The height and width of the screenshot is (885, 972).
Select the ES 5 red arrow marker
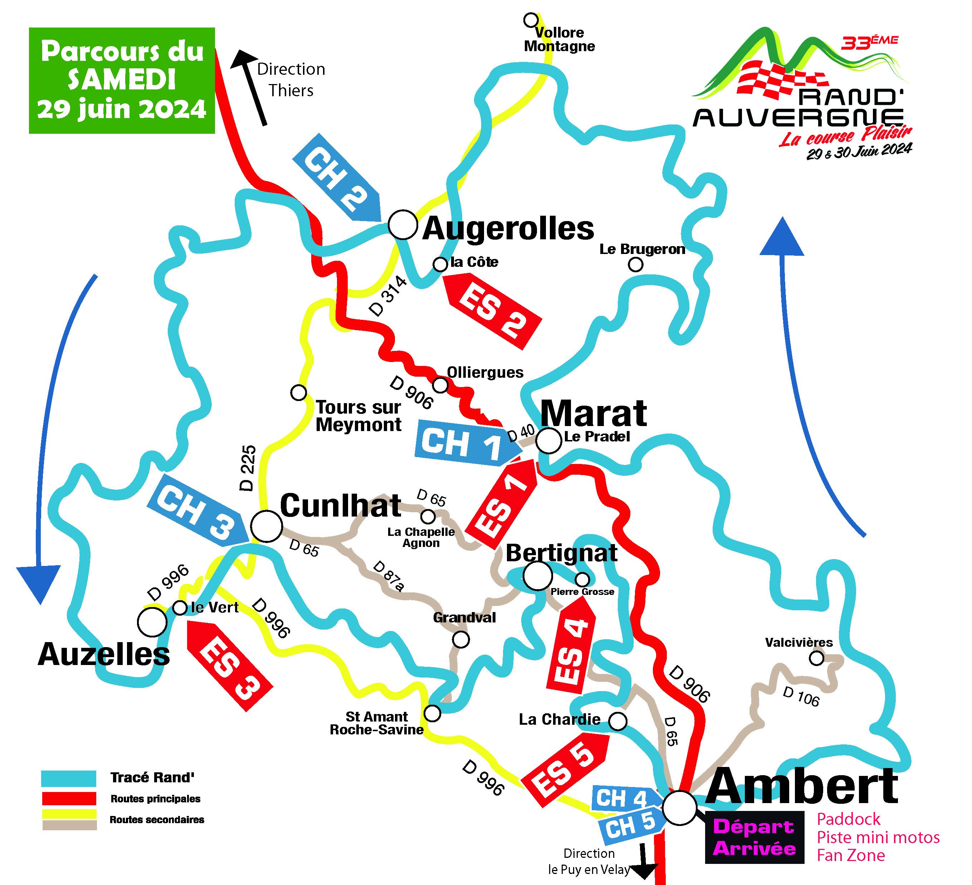pyautogui.click(x=564, y=769)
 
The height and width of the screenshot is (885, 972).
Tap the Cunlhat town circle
pyautogui.click(x=266, y=526)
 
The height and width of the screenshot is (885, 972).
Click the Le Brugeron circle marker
pyautogui.click(x=636, y=265)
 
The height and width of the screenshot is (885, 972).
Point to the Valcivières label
pyautogui.click(x=799, y=642)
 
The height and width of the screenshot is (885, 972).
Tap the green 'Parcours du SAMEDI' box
pyautogui.click(x=122, y=80)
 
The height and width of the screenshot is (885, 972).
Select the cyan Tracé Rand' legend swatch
pyautogui.click(x=69, y=778)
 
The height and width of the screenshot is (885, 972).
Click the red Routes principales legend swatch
pyautogui.click(x=69, y=799)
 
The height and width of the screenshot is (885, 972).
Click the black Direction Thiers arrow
pyautogui.click(x=251, y=88)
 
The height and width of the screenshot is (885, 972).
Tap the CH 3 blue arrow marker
pyautogui.click(x=198, y=510)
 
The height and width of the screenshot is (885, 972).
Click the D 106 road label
pyautogui.click(x=801, y=696)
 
